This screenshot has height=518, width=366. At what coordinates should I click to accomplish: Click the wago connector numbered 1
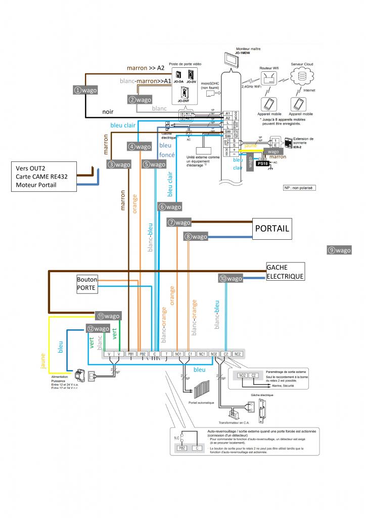85,90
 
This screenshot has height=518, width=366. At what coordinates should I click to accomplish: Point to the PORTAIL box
272,229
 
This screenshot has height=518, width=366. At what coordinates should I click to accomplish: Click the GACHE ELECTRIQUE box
285,272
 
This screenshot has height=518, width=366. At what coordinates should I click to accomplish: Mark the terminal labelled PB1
130,354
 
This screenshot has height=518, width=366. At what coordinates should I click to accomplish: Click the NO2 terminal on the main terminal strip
214,354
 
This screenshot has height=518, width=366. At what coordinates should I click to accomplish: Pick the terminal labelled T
166,354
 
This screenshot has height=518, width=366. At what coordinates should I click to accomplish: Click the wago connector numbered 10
230,278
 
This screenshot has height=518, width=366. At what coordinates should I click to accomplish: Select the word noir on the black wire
108,112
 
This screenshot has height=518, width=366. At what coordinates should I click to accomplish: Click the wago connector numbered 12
98,328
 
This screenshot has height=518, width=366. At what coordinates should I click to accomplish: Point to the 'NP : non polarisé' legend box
298,187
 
